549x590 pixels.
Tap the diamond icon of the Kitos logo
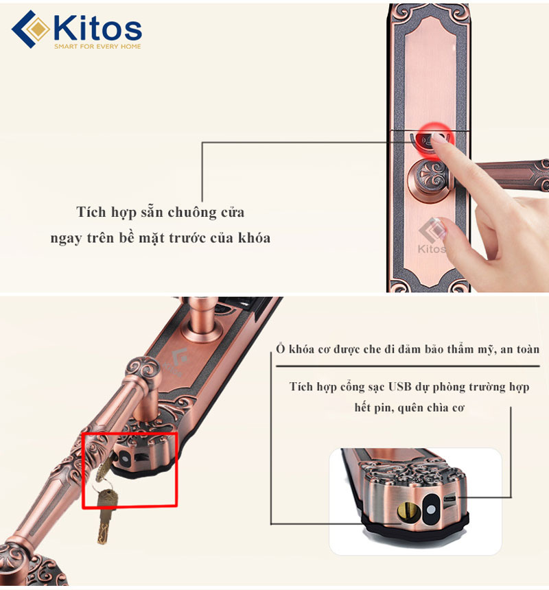point(30,29)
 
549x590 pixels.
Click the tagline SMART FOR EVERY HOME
point(97,46)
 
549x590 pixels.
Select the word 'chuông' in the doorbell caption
point(192,213)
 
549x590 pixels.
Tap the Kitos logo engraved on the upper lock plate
point(432,236)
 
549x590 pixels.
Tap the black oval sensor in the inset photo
point(431,510)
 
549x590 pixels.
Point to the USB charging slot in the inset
point(450,499)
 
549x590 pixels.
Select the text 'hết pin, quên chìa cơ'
point(409,408)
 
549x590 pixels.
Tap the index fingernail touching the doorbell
point(438,137)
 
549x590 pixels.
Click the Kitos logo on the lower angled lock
point(176,364)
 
